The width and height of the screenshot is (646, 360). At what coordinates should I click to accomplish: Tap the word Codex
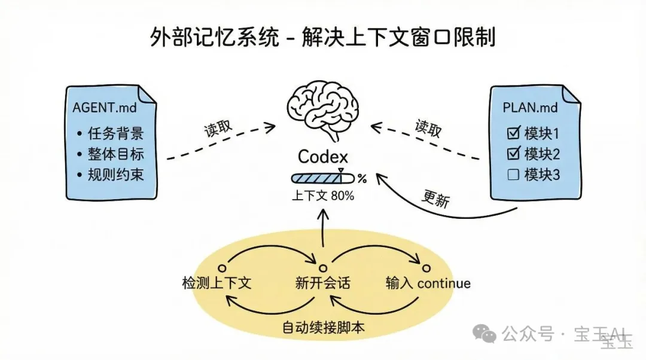(322, 157)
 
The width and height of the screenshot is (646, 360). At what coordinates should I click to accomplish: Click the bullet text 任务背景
(115, 133)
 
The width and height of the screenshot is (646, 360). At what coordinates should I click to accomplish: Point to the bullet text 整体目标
(115, 154)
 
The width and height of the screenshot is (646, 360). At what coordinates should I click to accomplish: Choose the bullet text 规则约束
(115, 175)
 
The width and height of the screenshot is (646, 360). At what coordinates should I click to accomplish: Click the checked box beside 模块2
(513, 154)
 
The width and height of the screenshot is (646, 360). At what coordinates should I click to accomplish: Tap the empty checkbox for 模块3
(513, 175)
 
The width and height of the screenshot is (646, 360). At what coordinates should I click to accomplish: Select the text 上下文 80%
(322, 196)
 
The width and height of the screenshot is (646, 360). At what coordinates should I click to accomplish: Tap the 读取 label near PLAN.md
(428, 128)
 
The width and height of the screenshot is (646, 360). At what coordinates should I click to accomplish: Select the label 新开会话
(322, 283)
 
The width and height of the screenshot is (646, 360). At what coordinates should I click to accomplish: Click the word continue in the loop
(444, 283)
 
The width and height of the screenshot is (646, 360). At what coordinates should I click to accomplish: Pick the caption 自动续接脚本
(323, 328)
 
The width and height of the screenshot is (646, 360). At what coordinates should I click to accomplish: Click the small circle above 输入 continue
(425, 267)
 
